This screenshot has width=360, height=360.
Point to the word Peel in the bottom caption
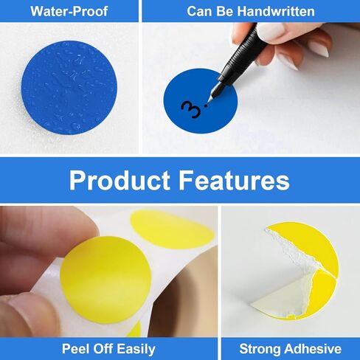point(77,348)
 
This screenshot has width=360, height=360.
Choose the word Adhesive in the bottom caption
point(312,348)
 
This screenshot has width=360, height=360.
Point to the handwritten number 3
point(191,110)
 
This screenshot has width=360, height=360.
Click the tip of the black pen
point(207,103)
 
